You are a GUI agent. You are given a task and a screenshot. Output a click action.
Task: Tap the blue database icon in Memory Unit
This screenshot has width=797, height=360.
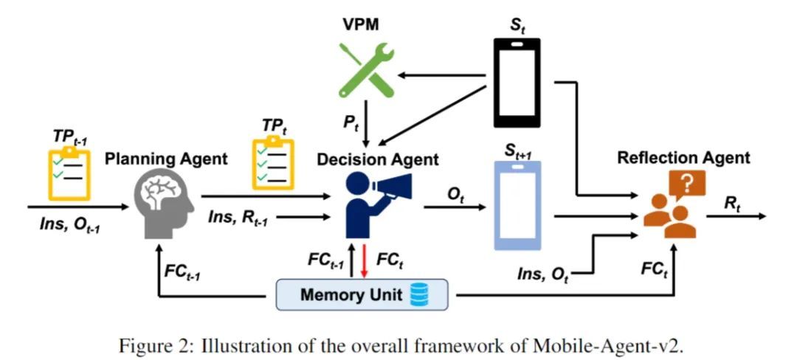418,297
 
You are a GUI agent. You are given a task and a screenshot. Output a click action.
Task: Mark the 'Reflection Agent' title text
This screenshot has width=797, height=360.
683,157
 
